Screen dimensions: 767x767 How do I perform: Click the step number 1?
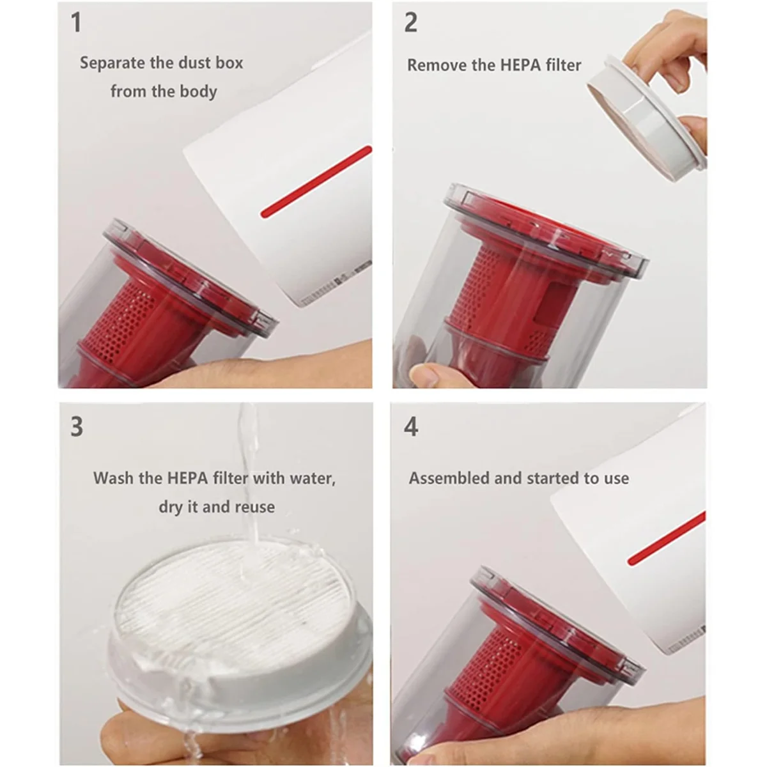(77, 23)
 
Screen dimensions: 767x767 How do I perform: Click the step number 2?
(411, 23)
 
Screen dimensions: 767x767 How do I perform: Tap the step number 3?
(77, 426)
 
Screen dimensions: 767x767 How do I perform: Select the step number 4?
(411, 426)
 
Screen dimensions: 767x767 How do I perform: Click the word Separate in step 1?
(112, 63)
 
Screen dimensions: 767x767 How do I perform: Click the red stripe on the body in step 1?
(316, 182)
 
